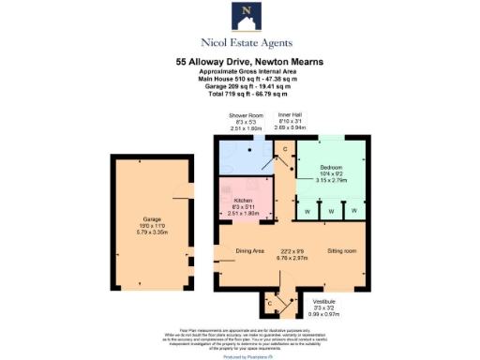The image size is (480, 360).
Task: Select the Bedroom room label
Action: pyautogui.click(x=330, y=170)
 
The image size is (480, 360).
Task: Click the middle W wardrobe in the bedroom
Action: pyautogui.click(x=331, y=211)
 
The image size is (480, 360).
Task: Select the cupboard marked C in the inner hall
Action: pyautogui.click(x=285, y=149)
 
